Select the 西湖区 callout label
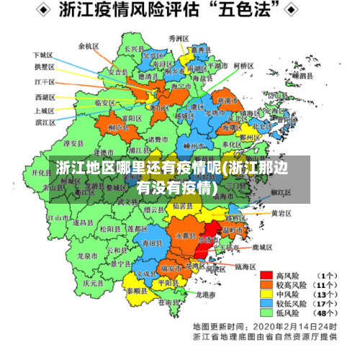pyautogui.click(x=44, y=96)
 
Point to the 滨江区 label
pyautogui.click(x=45, y=122)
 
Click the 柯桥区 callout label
pyautogui.click(x=244, y=66)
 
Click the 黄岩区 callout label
pyautogui.click(x=281, y=213)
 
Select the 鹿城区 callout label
pyautogui.click(x=262, y=247)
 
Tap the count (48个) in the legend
pyautogui.click(x=327, y=313)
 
